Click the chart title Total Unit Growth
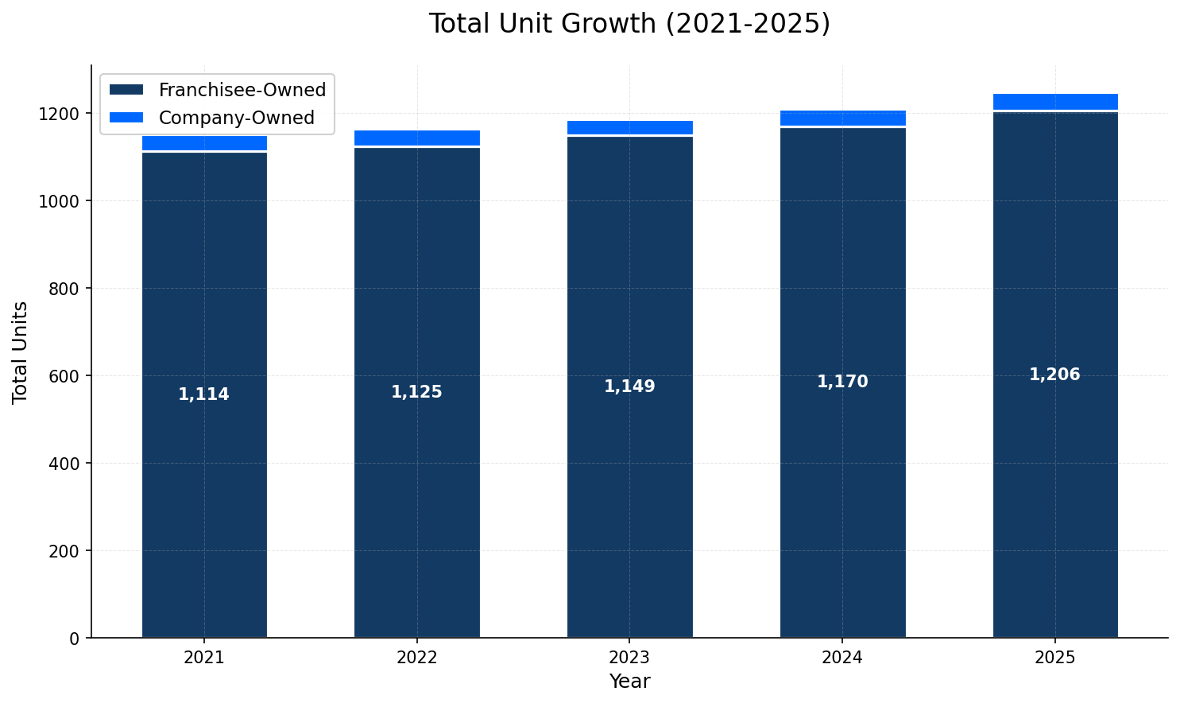pyautogui.click(x=629, y=24)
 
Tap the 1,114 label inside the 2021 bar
pyautogui.click(x=203, y=394)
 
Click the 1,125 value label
pyautogui.click(x=416, y=392)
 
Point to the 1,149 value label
pyautogui.click(x=629, y=386)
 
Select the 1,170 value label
pyautogui.click(x=842, y=382)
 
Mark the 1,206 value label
pyautogui.click(x=1054, y=375)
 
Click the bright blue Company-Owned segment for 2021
pyautogui.click(x=204, y=143)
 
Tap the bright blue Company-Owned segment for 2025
pyautogui.click(x=1055, y=102)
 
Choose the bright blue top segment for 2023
pyautogui.click(x=629, y=128)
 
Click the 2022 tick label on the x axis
pyautogui.click(x=416, y=658)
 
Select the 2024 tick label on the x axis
pyautogui.click(x=842, y=658)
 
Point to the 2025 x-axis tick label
pyautogui.click(x=1054, y=658)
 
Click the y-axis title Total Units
pyautogui.click(x=21, y=351)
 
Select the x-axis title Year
pyautogui.click(x=629, y=682)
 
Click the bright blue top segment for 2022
pyautogui.click(x=416, y=138)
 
